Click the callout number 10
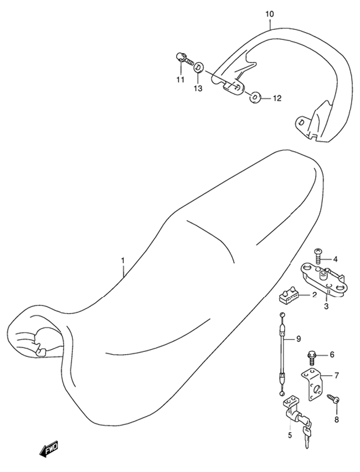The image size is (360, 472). coord(270,14)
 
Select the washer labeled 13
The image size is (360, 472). coord(198,68)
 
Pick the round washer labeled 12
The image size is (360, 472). coord(255,97)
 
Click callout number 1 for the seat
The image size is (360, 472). coord(123,260)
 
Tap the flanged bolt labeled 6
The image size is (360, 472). coord(311,357)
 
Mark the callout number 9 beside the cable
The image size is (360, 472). coord(298,339)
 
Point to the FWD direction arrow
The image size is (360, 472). coord(48,450)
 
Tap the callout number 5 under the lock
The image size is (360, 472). coord(290,435)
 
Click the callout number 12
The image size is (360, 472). coord(277,98)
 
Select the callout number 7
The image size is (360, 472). coord(336,375)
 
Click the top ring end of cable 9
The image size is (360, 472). coord(281,314)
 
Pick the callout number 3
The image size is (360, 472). coord(326,307)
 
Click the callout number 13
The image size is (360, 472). coord(198,89)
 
